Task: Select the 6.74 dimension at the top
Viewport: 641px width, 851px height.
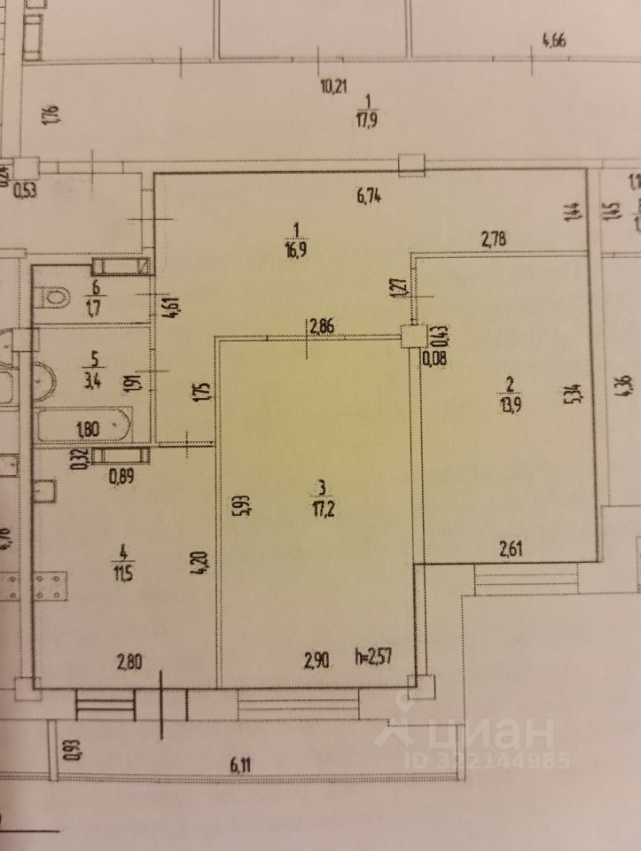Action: (367, 197)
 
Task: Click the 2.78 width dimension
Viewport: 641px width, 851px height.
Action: (496, 238)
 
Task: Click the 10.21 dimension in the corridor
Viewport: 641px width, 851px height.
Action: (334, 86)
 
